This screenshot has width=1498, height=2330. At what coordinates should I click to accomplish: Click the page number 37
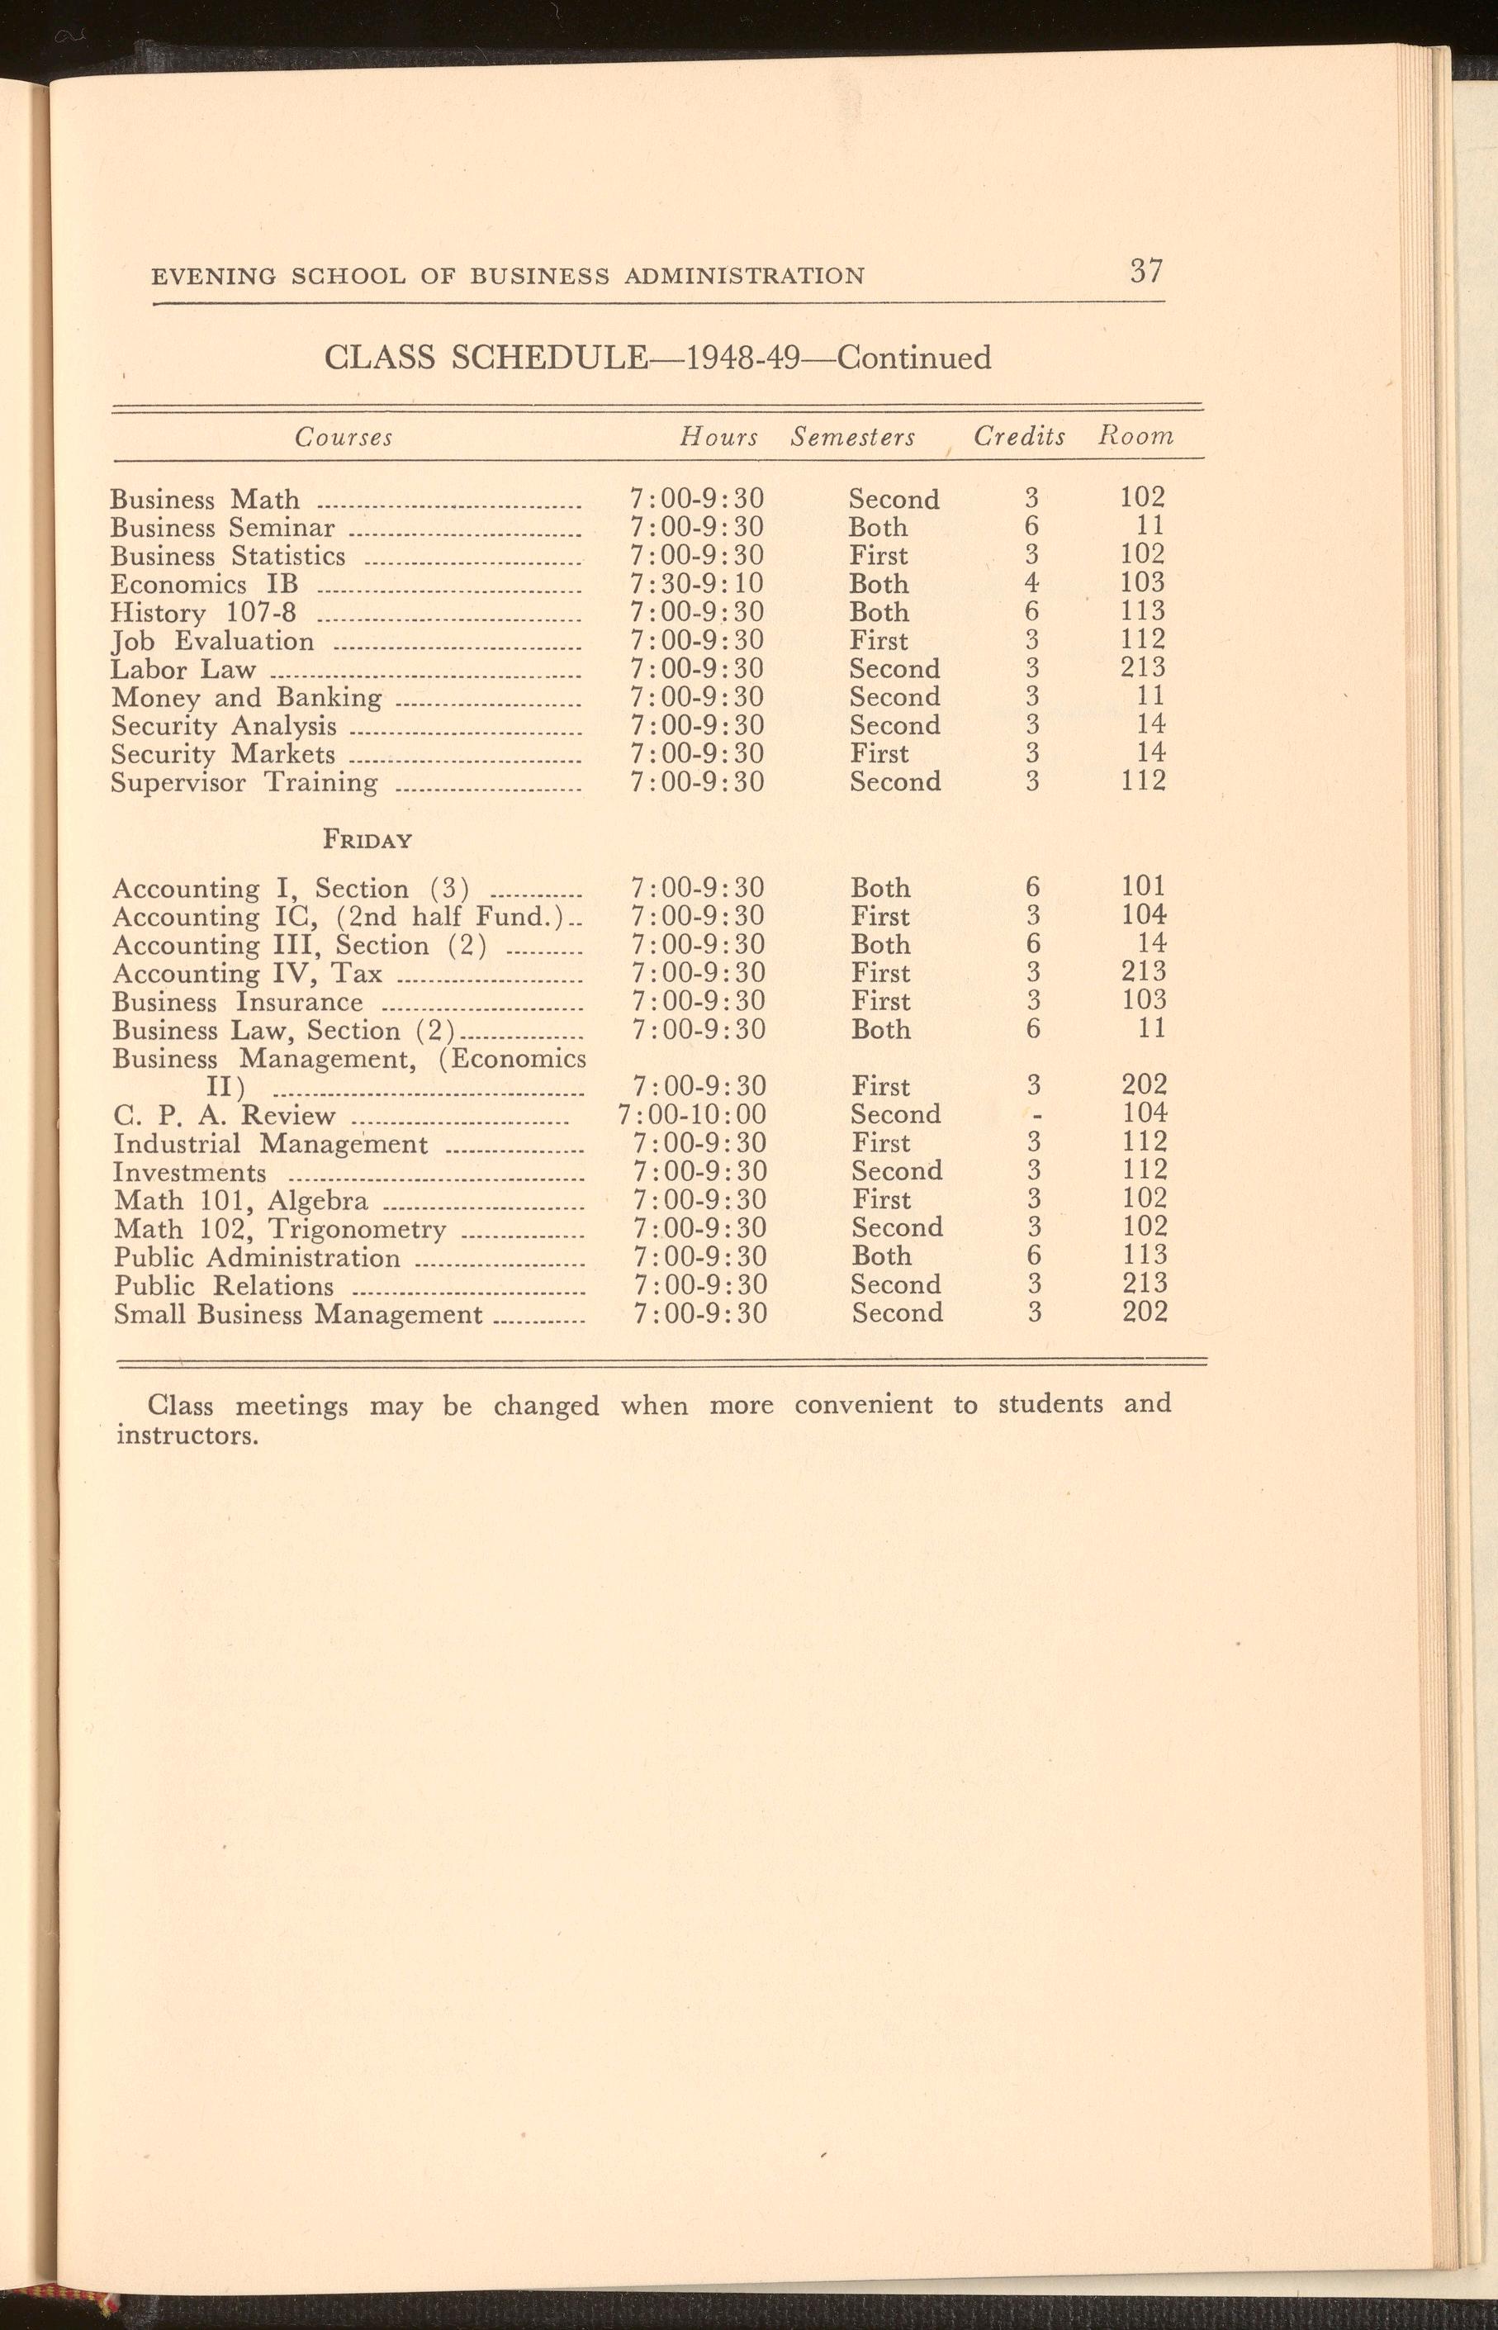coord(1146,269)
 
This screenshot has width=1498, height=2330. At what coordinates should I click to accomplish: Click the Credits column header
coord(1019,437)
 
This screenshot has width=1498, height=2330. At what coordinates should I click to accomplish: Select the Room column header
coord(1135,437)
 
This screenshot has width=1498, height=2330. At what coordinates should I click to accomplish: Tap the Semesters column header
coord(853,438)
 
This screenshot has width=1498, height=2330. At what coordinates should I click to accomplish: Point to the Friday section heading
coord(367,840)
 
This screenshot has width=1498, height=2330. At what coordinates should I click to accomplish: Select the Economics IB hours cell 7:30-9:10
coord(696,584)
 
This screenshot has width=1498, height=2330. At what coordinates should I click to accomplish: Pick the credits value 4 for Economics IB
coord(1031,583)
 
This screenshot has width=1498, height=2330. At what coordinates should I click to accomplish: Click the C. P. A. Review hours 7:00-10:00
coord(692,1114)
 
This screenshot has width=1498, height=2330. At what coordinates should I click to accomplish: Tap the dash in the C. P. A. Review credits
coord(1037,1115)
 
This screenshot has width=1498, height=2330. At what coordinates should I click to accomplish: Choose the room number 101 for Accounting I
coord(1142,886)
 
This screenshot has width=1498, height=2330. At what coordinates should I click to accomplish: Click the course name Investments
coord(190,1172)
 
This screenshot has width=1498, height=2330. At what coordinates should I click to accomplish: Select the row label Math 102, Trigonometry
coord(279,1229)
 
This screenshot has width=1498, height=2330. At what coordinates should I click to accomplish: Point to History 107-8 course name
coord(203,613)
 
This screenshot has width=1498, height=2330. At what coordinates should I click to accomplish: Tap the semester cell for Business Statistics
coord(879,556)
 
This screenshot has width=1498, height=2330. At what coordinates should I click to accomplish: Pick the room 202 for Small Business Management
coord(1144,1312)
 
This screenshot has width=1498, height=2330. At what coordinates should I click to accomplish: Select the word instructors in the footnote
coord(187,1436)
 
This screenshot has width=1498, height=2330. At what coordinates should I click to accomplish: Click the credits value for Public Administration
coord(1033,1256)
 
